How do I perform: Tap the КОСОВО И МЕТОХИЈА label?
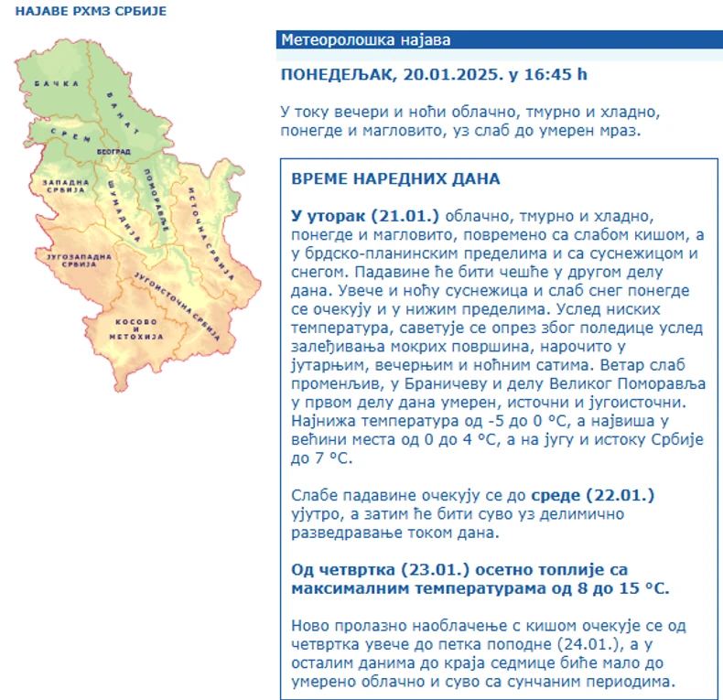point(138,329)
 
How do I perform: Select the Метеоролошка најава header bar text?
point(366,40)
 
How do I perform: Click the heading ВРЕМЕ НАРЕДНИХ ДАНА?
point(395,178)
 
